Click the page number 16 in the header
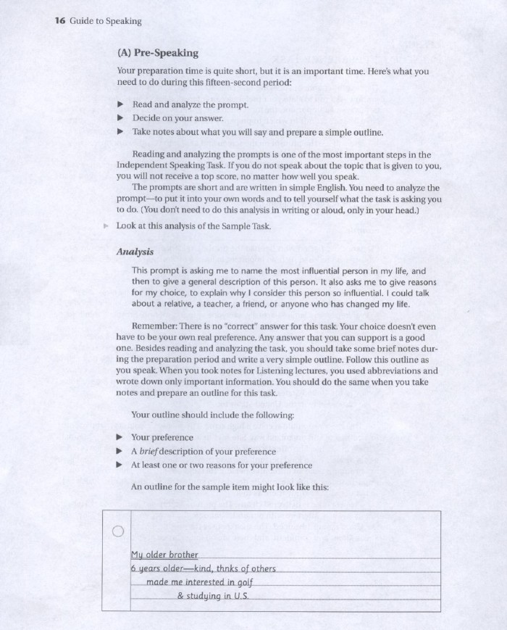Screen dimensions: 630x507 click(x=60, y=21)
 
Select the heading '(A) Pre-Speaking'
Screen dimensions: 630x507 click(x=157, y=53)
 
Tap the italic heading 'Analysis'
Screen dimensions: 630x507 click(x=135, y=252)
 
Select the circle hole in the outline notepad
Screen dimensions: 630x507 click(x=119, y=531)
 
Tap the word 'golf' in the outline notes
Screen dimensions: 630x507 click(x=247, y=581)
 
